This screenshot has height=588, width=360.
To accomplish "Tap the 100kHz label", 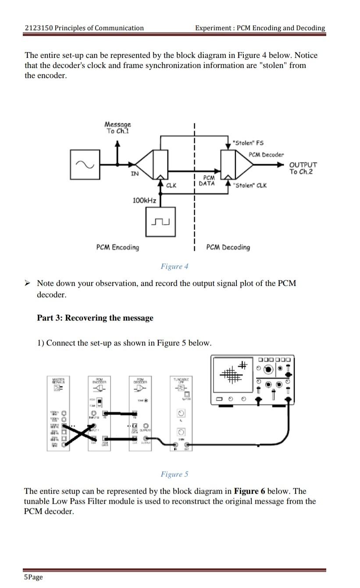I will (144, 200).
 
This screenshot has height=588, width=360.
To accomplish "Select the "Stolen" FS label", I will (248, 143).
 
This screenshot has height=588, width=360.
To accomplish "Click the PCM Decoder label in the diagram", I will (266, 154).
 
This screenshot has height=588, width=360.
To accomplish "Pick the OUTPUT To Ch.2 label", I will (303, 168).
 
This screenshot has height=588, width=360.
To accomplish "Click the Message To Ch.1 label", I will (118, 128).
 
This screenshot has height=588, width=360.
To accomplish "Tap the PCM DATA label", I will (207, 181).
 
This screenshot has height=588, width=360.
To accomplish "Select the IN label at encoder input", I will (135, 174).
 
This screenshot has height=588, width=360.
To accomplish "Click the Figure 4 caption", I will (174, 266).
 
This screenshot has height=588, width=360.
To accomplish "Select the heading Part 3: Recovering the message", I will (95, 318).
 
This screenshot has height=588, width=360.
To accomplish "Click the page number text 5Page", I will (33, 577).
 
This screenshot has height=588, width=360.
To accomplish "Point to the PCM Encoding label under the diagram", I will (118, 247).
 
